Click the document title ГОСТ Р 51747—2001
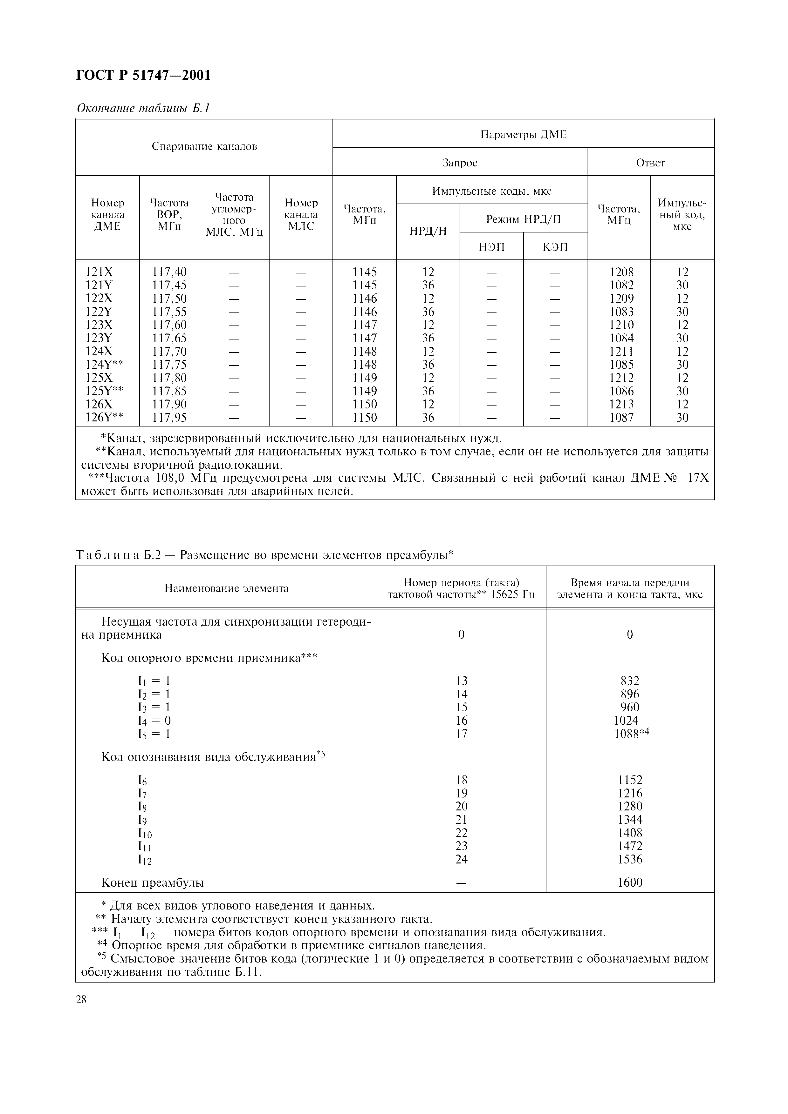tap(144, 76)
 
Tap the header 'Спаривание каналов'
tap(204, 146)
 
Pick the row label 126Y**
tap(104, 418)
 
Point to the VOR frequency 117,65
tap(169, 338)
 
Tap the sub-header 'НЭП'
tap(491, 247)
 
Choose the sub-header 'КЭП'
tap(555, 247)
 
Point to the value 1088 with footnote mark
tap(631, 734)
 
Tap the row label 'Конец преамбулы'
tap(153, 882)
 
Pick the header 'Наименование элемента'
tap(226, 588)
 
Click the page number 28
tap(81, 999)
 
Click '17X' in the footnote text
tap(698, 478)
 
